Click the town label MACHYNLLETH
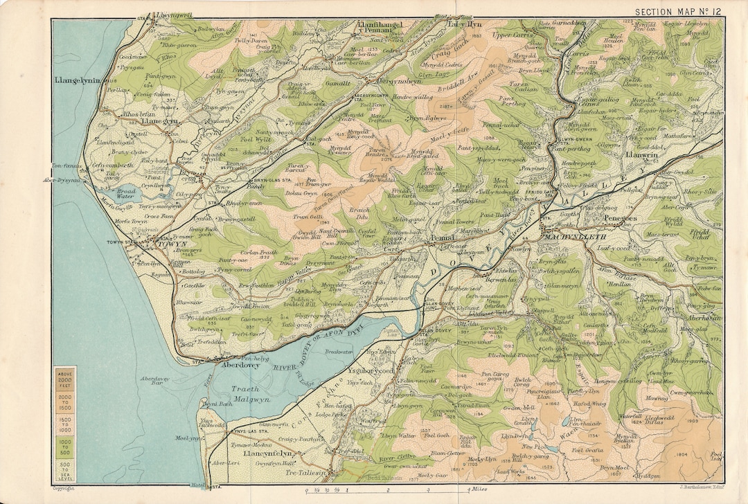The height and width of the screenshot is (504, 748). pyautogui.click(x=567, y=237)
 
